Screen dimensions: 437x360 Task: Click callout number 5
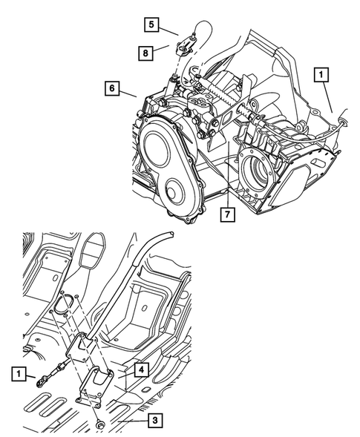[151, 25]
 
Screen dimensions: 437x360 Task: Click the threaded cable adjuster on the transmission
[223, 98]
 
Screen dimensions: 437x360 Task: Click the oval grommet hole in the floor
[65, 304]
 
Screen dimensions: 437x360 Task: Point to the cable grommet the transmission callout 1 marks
[342, 117]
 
